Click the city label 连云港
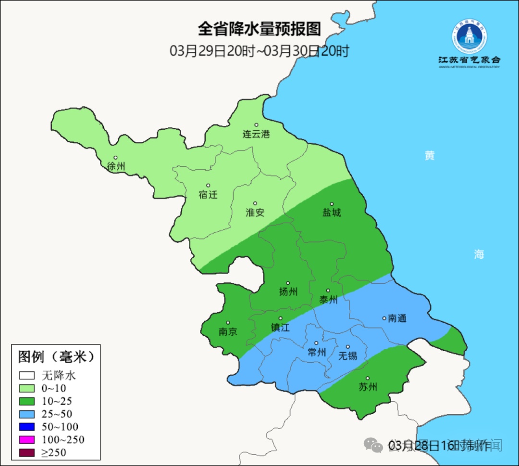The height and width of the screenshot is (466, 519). click(x=256, y=134)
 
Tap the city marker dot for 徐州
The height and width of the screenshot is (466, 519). click(x=115, y=158)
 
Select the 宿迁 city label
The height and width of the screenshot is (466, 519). click(x=208, y=195)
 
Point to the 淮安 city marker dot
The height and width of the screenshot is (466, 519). click(x=255, y=203)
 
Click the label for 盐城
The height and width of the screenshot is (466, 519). click(x=332, y=213)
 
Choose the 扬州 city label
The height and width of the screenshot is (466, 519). click(x=288, y=291)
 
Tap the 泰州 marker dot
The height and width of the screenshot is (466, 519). click(x=328, y=290)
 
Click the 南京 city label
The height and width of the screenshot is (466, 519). click(x=228, y=332)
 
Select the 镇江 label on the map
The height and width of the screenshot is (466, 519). click(x=281, y=327)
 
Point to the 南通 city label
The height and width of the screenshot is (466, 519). click(x=397, y=318)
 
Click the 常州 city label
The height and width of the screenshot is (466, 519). click(x=317, y=352)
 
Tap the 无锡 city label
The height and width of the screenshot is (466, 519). click(x=348, y=356)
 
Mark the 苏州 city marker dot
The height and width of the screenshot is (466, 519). click(x=368, y=378)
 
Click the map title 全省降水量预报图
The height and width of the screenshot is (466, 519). click(x=259, y=29)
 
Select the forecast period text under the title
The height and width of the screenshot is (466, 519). click(x=259, y=51)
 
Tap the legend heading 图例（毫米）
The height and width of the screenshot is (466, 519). click(x=55, y=357)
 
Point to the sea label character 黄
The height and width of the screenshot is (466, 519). click(x=429, y=155)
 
